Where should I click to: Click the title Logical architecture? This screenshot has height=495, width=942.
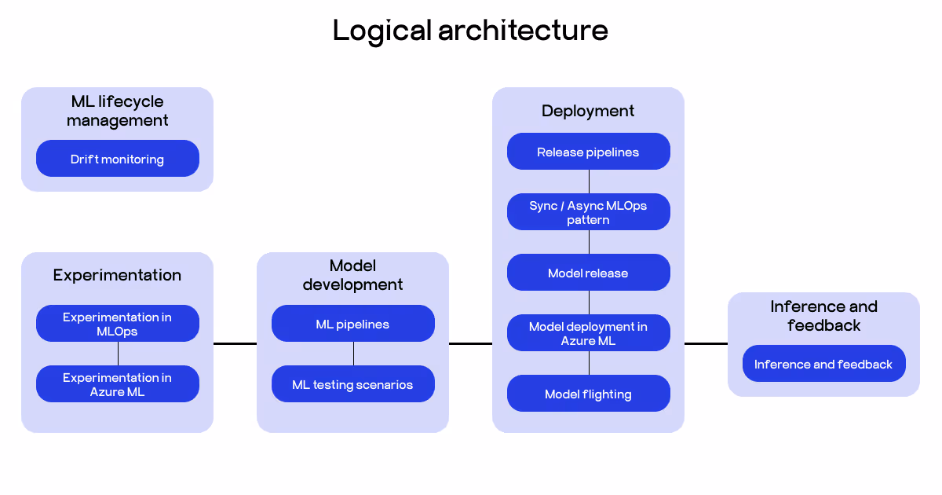470,31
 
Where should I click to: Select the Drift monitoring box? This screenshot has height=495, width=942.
118,159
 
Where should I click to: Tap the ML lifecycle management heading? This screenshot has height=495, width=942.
118,111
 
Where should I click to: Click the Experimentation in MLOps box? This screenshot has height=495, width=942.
118,324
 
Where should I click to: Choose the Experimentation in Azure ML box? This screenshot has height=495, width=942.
118,384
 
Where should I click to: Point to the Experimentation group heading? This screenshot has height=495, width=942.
118,275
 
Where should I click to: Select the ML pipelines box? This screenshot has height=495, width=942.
353,324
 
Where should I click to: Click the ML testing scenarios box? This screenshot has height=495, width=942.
353,384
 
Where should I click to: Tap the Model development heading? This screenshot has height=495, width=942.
353,275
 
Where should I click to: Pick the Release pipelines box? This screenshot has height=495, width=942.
589,152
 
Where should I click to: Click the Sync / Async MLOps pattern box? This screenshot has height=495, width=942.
589,212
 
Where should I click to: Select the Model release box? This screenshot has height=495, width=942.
589,273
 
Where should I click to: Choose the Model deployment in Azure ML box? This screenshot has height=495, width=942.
589,333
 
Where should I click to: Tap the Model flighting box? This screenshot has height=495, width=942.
589,394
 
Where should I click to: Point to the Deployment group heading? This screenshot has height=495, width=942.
589,111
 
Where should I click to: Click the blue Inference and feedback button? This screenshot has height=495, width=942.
823,364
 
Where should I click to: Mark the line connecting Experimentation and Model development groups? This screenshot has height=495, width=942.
235,343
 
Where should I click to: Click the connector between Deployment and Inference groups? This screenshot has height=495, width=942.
706,343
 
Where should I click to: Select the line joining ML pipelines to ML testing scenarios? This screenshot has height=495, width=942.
353,354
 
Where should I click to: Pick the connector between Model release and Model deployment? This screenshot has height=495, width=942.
589,302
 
